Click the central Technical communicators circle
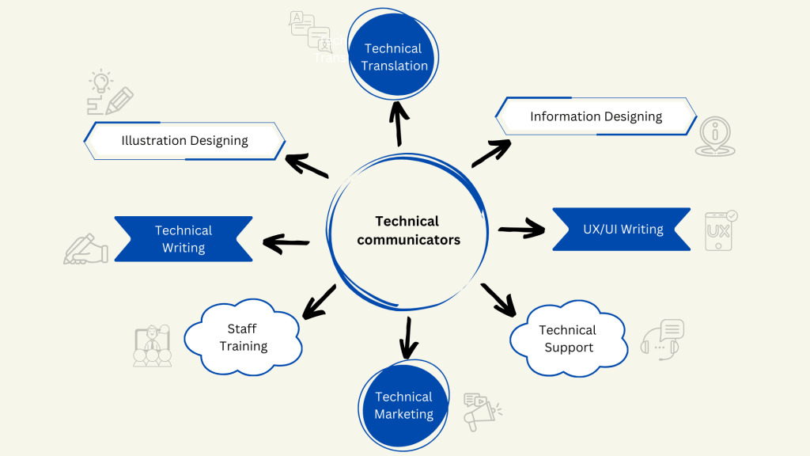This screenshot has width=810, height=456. click(x=407, y=230)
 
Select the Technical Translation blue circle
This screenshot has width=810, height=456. click(x=394, y=57)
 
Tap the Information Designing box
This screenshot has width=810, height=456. click(x=596, y=116)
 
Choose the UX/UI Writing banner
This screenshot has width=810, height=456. click(x=622, y=230)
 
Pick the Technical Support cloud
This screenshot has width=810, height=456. click(x=567, y=339)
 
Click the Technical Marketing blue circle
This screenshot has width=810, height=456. click(x=403, y=405)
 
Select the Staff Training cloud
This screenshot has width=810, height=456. click(x=243, y=337)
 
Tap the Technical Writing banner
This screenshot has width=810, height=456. click(x=184, y=238)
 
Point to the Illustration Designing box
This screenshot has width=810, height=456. click(x=184, y=141)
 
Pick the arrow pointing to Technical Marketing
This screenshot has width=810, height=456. click(x=408, y=337)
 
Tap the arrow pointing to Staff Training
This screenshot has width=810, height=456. click(x=320, y=302)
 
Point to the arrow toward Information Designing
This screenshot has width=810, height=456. click(x=491, y=153)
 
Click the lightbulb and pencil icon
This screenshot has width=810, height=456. click(x=109, y=93)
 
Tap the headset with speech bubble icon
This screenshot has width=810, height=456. click(x=662, y=340)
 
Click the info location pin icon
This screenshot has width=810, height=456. click(x=715, y=137)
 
